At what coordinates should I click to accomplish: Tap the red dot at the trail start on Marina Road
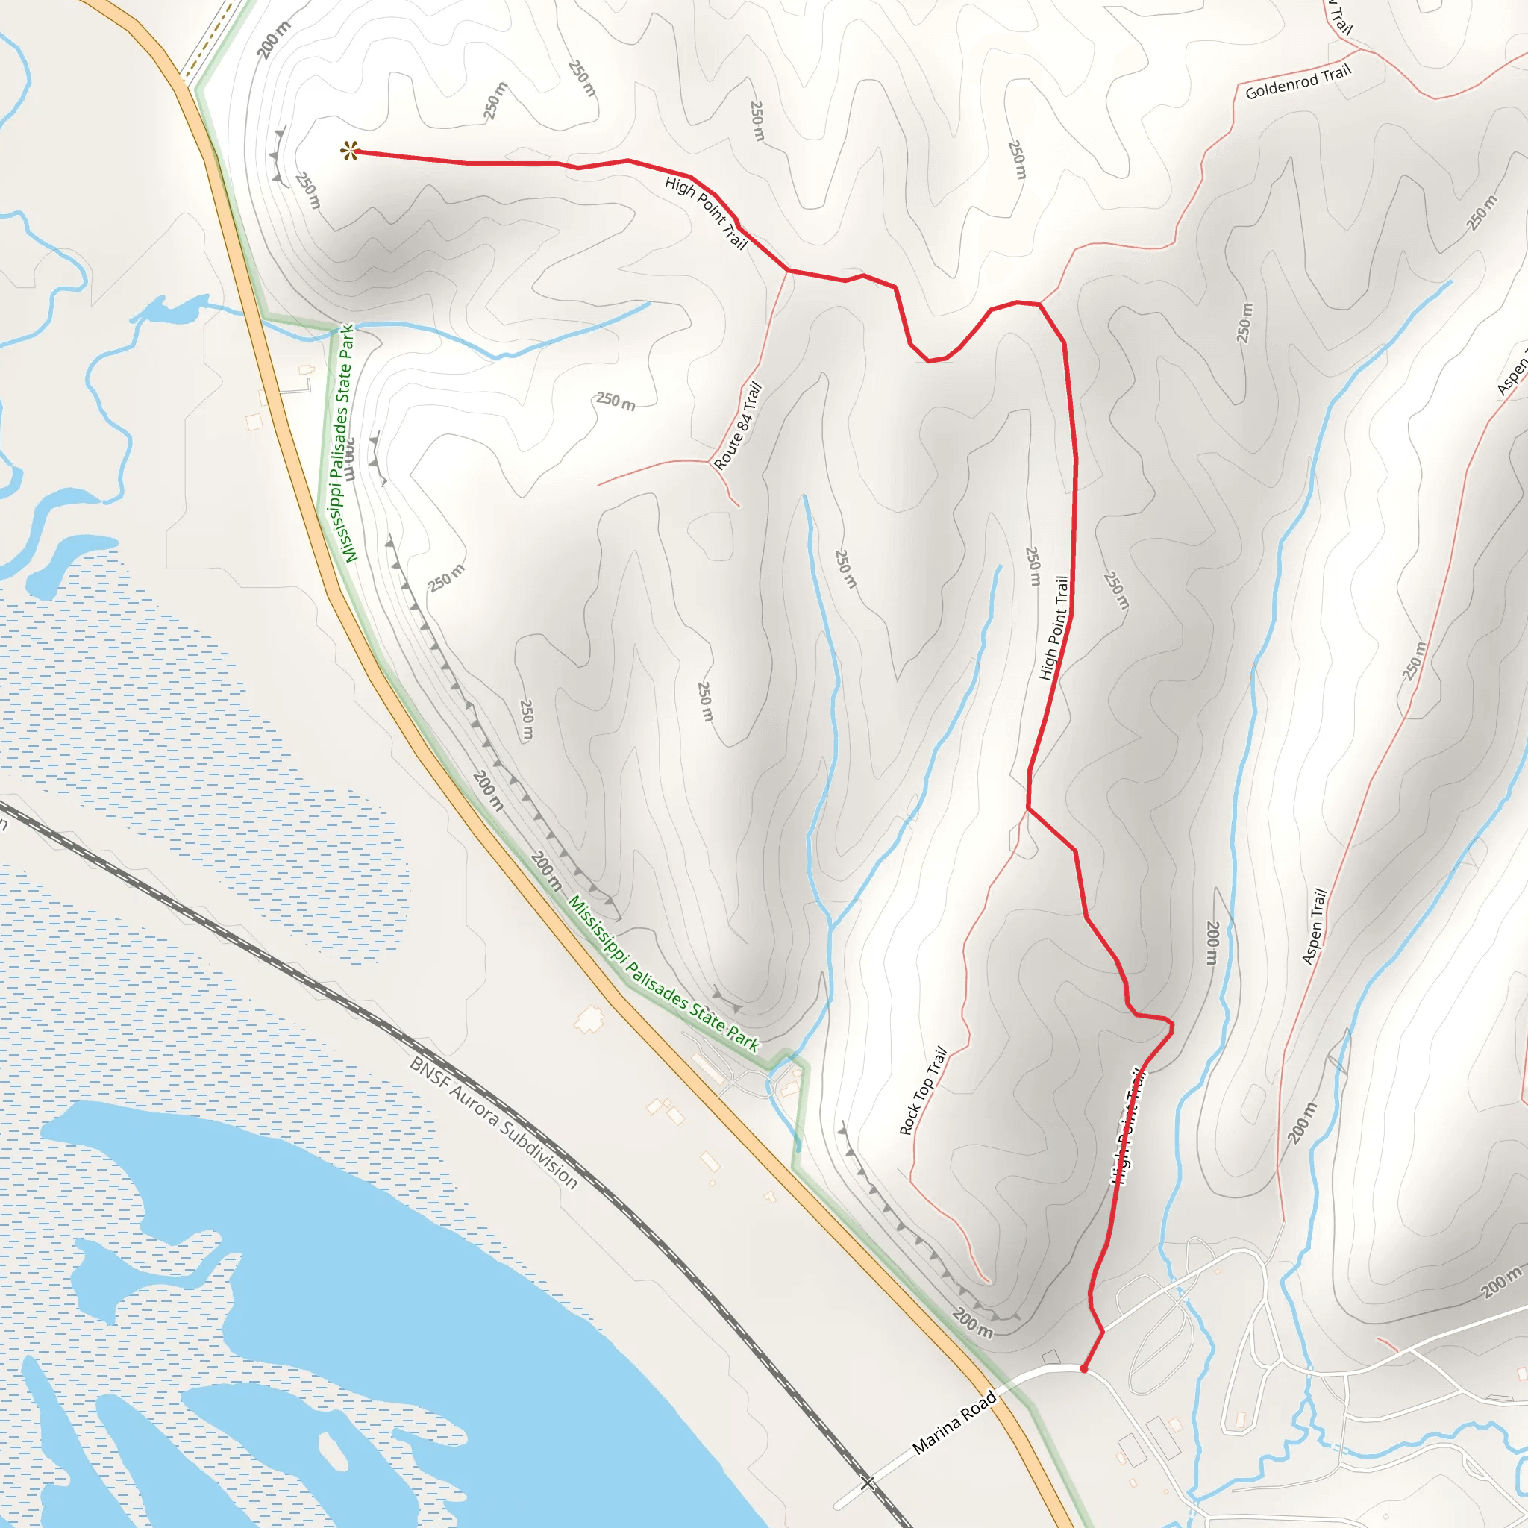pos(1083,1369)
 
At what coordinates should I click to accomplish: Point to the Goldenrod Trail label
pos(1298,82)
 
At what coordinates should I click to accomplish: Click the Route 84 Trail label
pos(737,425)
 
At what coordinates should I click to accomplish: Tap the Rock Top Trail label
pos(923,1091)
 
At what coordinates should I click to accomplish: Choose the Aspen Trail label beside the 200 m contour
pos(1314,926)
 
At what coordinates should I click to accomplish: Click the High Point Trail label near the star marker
pos(707,212)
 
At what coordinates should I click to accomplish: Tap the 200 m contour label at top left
pos(274,40)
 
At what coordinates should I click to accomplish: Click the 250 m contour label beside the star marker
pos(307,190)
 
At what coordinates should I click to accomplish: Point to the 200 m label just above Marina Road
pos(972,1322)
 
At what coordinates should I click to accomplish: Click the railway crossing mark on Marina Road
pos(868,1482)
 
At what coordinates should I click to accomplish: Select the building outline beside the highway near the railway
pos(589,1019)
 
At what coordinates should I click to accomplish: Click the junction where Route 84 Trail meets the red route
pos(788,271)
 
